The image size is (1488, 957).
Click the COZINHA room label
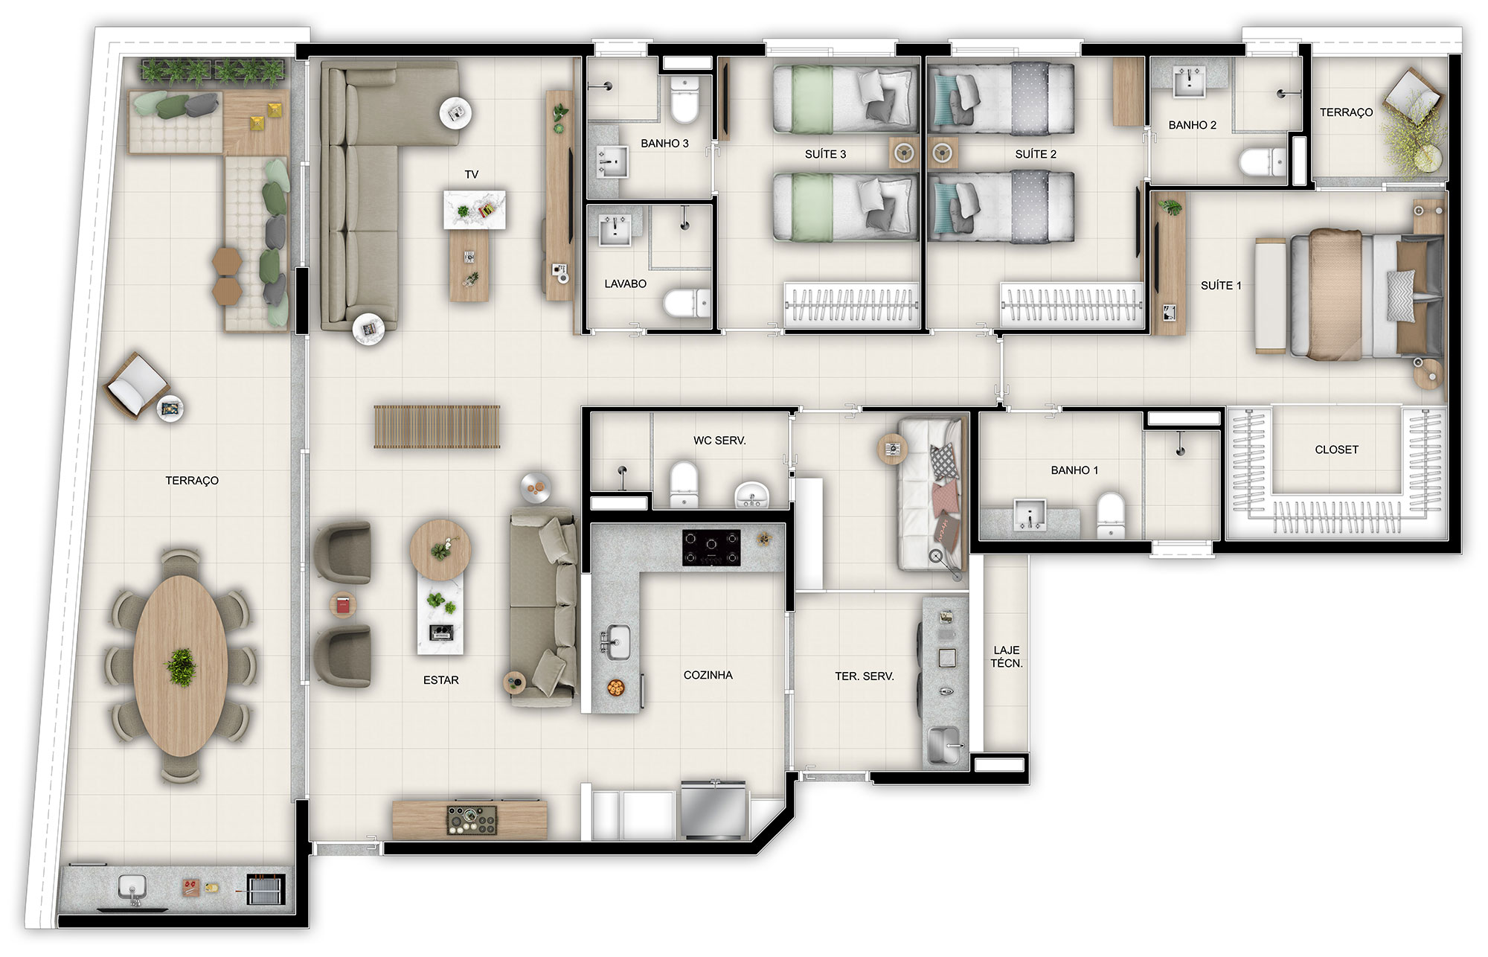[708, 675]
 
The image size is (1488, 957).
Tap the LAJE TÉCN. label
[1007, 656]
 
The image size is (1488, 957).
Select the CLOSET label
[1336, 449]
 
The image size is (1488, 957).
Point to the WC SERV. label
[719, 441]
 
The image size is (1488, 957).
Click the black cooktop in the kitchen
[711, 548]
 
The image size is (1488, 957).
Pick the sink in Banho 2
[1189, 82]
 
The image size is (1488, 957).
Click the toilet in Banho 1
[1111, 514]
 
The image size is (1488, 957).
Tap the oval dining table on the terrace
[181, 665]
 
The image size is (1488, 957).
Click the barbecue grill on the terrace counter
[265, 889]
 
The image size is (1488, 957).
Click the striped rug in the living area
[437, 427]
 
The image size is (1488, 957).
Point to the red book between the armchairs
[343, 605]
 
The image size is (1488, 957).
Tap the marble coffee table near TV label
[475, 210]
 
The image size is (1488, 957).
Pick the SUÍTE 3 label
[825, 154]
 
